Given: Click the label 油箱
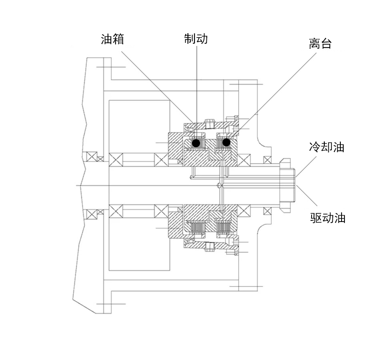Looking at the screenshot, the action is pos(112,39).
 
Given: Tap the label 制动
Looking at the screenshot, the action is pos(196,39).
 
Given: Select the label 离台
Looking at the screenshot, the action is pos(320,44).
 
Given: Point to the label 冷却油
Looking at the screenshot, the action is pos(326,147).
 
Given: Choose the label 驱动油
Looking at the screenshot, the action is pos(328,218).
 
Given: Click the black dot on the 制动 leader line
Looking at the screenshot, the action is pos(196,143).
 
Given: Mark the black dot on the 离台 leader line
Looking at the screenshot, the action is pos(226,142).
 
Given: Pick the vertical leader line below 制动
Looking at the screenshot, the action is pos(197,92).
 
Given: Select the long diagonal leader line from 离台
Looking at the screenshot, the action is pos(272,96).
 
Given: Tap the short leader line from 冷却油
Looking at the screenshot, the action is pos(306,167).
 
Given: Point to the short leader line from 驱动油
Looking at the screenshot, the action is pos(307,196).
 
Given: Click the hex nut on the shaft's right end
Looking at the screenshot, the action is pos(287,185).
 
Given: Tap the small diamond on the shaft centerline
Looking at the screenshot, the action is pos(220,186).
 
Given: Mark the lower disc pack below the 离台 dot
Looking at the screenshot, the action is pos(223,227).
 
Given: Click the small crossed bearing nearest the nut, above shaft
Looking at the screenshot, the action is pos(267,160).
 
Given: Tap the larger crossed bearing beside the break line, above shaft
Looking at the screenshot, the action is pos(92,156).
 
